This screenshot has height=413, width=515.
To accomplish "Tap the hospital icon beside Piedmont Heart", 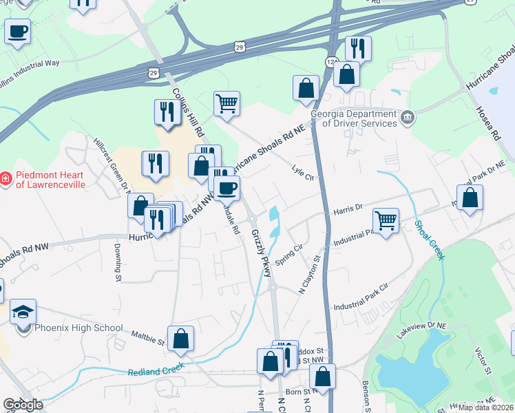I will [x=6, y=179].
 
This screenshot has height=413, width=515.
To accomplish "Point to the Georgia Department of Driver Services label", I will [x=354, y=118].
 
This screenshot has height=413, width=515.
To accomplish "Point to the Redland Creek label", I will [x=156, y=370].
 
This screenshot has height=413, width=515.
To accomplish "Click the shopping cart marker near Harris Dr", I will [x=386, y=221].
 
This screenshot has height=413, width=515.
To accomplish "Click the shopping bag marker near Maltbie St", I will [x=180, y=339].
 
